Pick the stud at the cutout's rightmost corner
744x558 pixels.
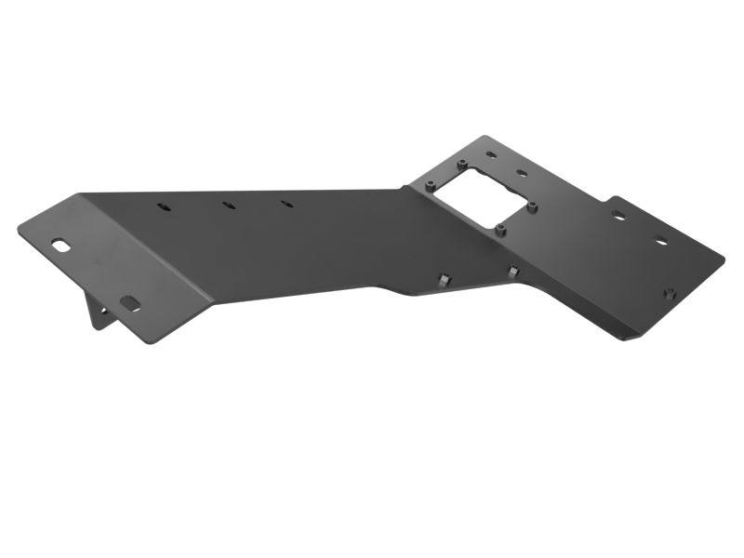point(532,206)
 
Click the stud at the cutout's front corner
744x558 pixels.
point(500,229)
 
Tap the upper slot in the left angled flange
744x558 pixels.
point(60,245)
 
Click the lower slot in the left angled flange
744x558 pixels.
point(128,301)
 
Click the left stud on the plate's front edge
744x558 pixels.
point(445,280)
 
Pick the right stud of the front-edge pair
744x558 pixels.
point(512,272)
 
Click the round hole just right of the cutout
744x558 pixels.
point(523,173)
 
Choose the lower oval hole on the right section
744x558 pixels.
point(660,243)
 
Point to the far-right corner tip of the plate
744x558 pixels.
point(724,258)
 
